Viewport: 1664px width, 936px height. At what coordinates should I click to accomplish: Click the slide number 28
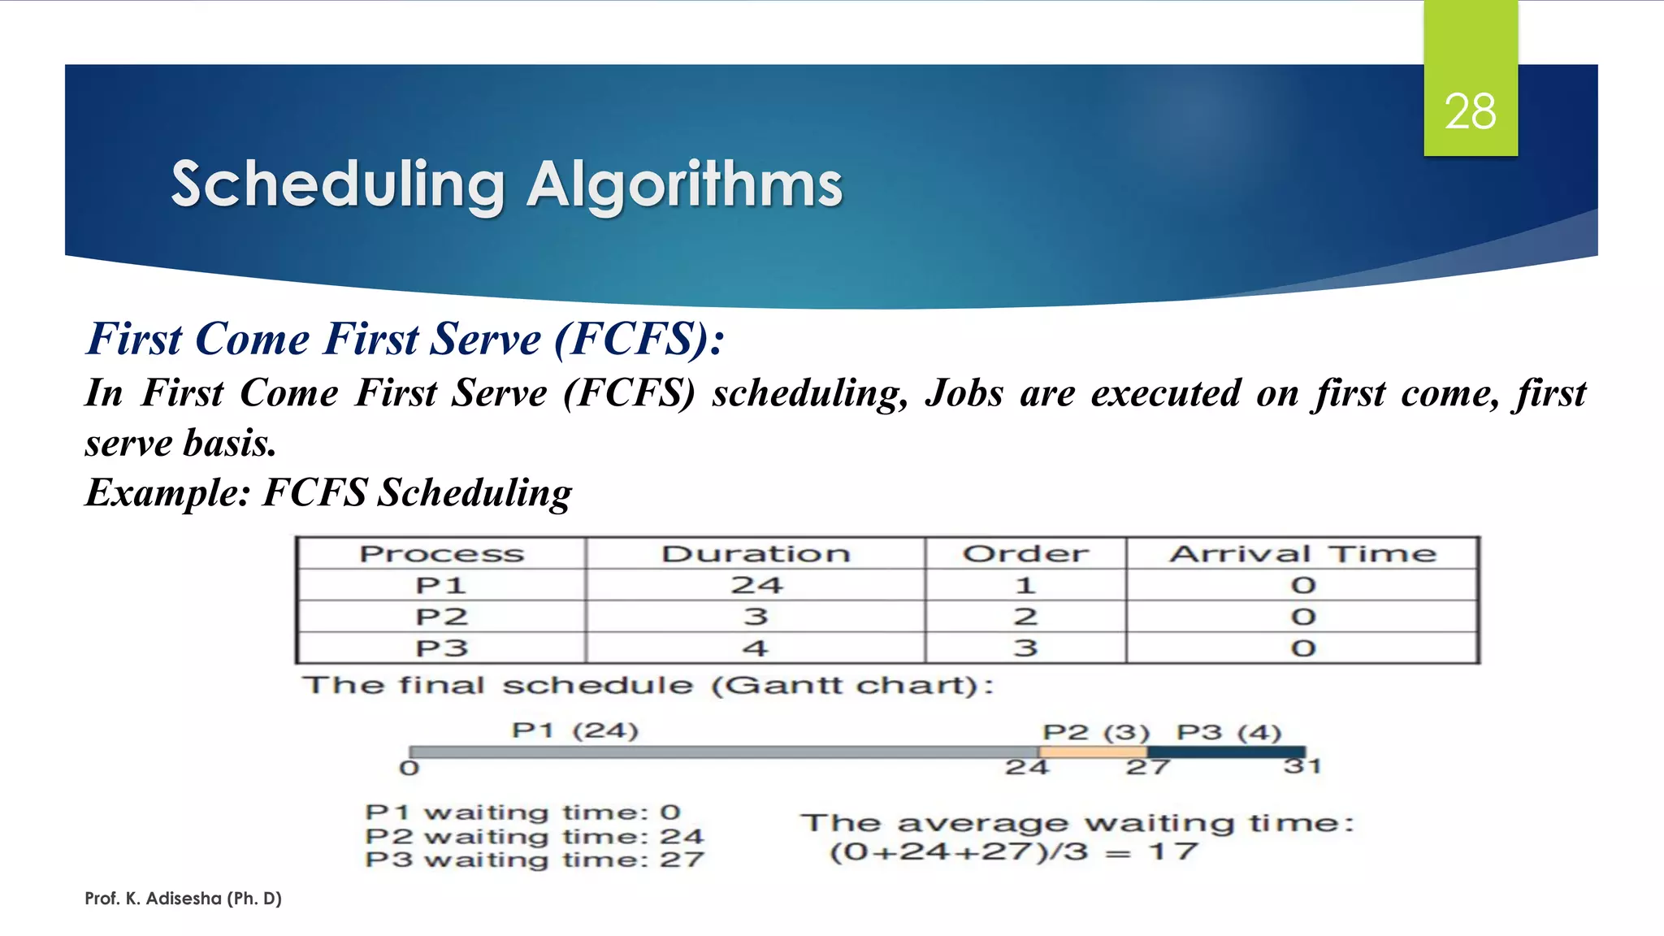pyautogui.click(x=1470, y=111)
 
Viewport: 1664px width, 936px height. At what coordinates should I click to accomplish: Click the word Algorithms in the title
pyautogui.click(x=685, y=185)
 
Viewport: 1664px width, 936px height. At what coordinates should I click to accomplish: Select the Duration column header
pyautogui.click(x=756, y=554)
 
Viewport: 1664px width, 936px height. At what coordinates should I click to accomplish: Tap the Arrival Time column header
pyautogui.click(x=1302, y=554)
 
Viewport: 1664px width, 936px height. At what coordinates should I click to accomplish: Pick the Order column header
pyautogui.click(x=1025, y=554)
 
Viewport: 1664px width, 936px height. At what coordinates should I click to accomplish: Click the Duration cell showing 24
pyautogui.click(x=756, y=585)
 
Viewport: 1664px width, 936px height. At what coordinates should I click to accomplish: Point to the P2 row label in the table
pyautogui.click(x=441, y=617)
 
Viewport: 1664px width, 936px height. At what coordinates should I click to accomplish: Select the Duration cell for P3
pyautogui.click(x=756, y=648)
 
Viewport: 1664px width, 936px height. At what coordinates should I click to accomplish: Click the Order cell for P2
pyautogui.click(x=1025, y=617)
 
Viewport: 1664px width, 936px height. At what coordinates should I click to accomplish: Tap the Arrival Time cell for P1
pyautogui.click(x=1303, y=585)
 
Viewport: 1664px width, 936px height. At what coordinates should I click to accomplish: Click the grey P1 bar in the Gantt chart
pyautogui.click(x=723, y=752)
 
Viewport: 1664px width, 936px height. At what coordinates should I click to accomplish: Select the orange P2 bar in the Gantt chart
pyautogui.click(x=1093, y=752)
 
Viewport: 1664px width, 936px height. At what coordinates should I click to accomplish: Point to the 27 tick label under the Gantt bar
pyautogui.click(x=1147, y=767)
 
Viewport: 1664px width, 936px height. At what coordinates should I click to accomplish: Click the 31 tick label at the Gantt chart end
pyautogui.click(x=1302, y=766)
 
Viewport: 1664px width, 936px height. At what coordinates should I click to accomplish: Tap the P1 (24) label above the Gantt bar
pyautogui.click(x=574, y=730)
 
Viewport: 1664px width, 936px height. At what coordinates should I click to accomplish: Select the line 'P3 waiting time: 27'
pyautogui.click(x=534, y=860)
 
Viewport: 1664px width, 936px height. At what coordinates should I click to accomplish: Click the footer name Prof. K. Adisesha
pyautogui.click(x=183, y=899)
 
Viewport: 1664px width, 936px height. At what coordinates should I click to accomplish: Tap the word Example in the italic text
pyautogui.click(x=167, y=492)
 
